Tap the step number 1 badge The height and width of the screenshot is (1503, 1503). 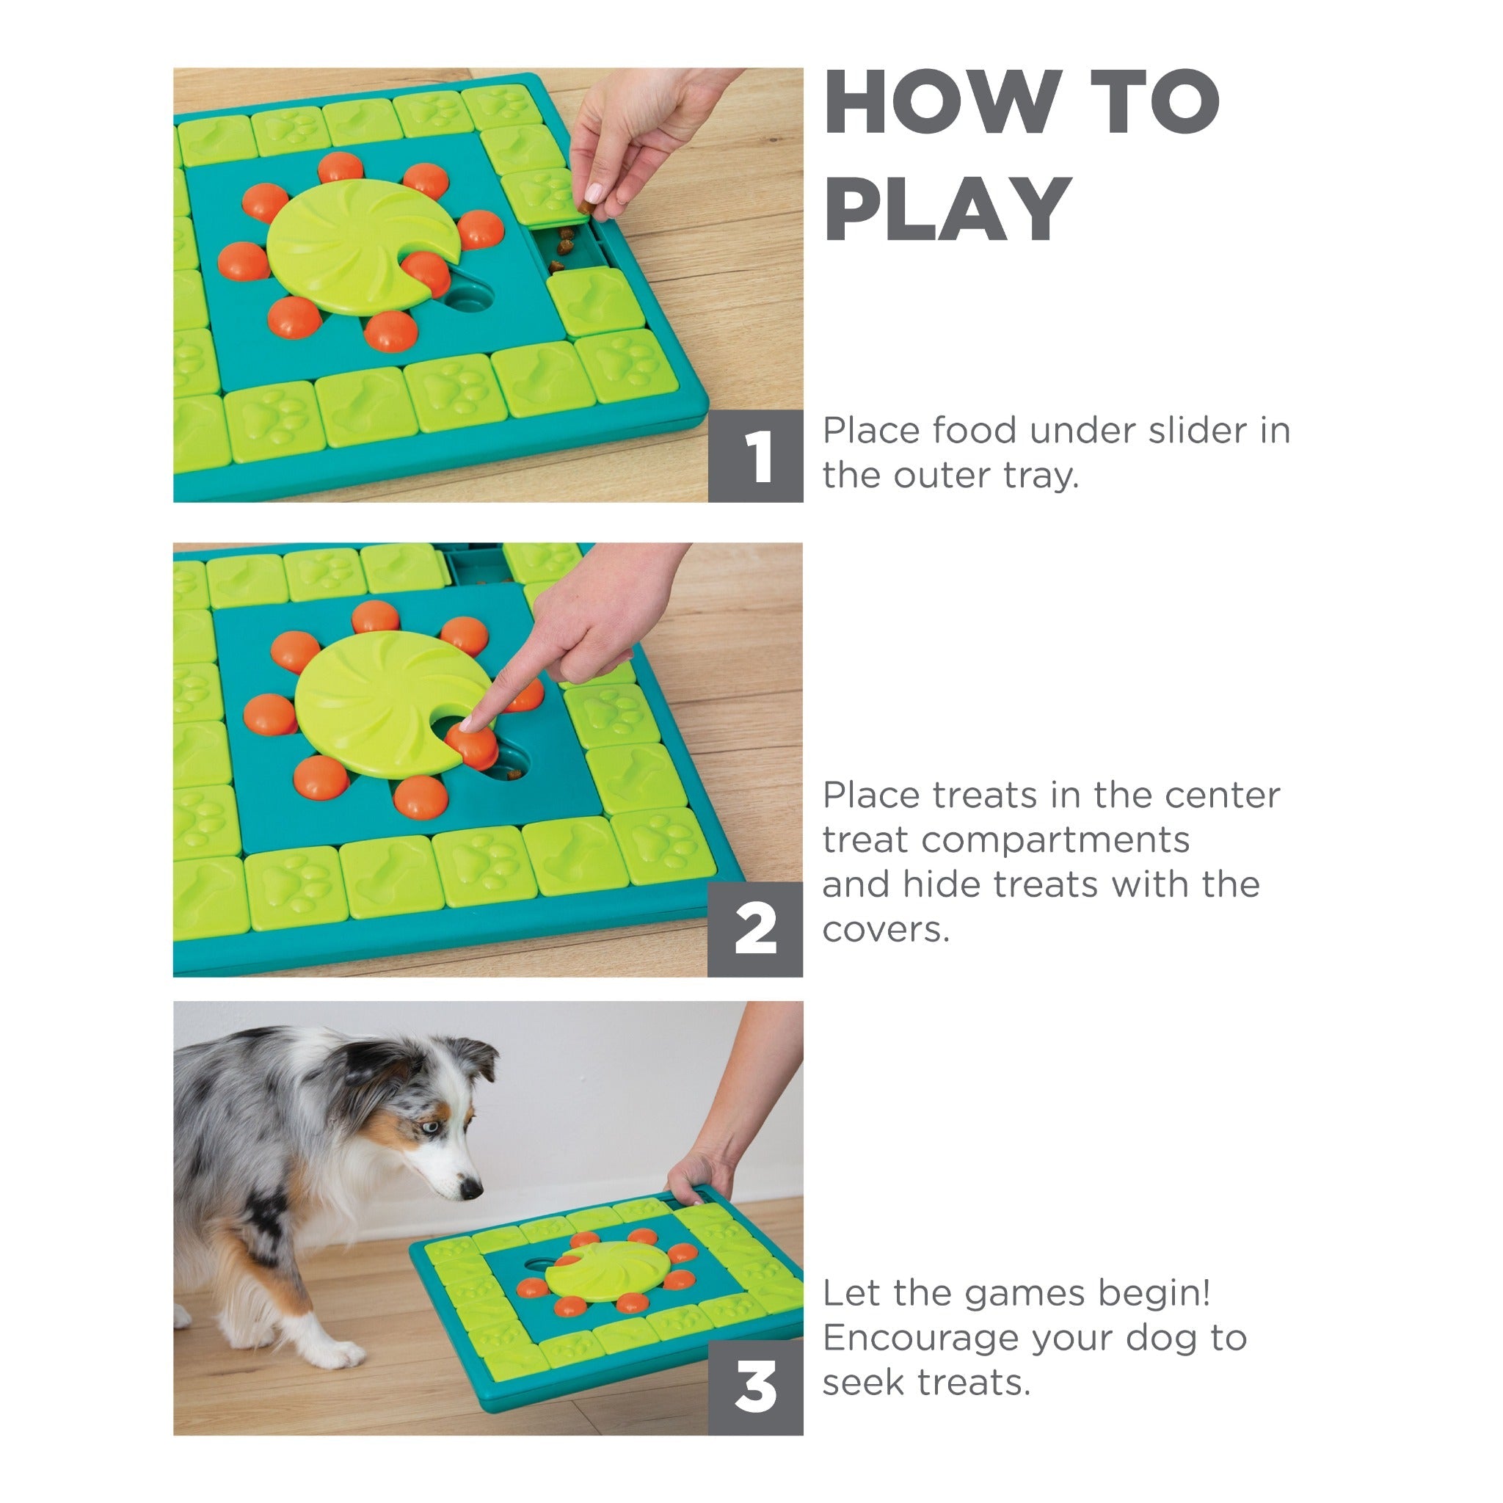click(755, 456)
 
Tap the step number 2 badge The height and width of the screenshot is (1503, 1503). click(755, 929)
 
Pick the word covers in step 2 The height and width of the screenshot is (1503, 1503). click(886, 931)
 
